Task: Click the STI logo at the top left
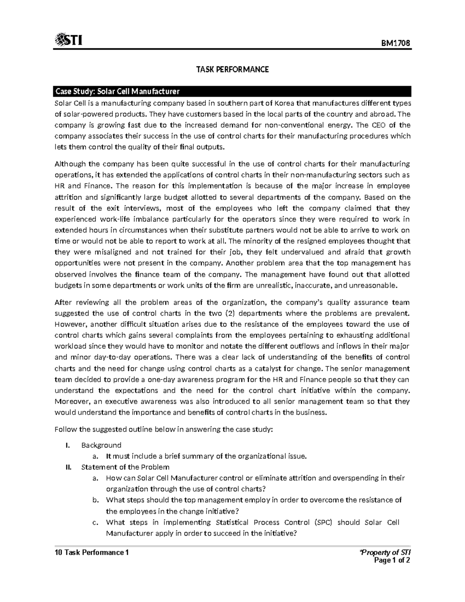[69, 40]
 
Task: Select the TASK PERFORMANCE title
[232, 70]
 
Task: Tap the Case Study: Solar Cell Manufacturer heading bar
[232, 92]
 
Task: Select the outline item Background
[101, 445]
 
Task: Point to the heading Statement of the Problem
[125, 467]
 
